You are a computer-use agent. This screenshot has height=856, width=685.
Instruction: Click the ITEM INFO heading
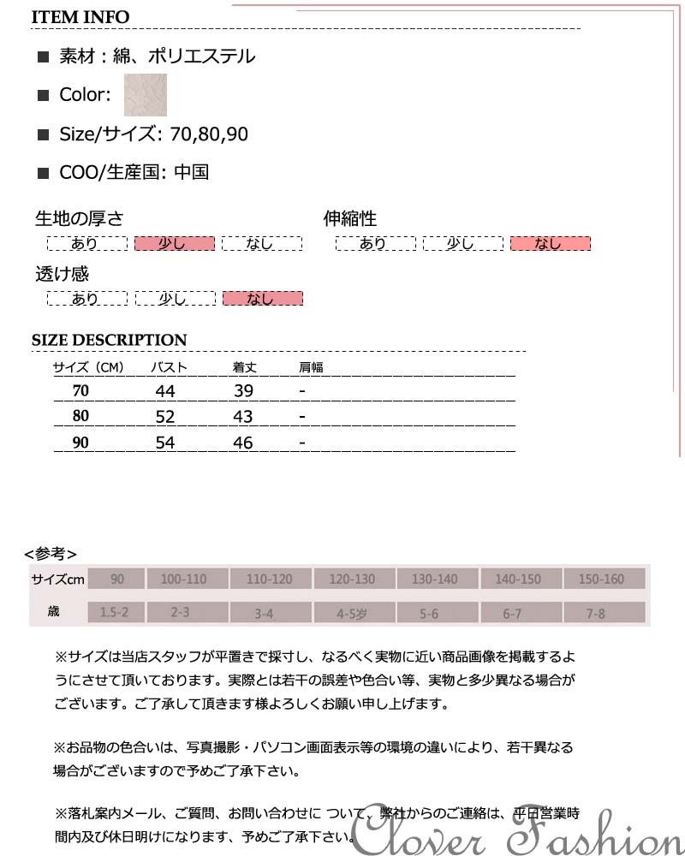click(80, 17)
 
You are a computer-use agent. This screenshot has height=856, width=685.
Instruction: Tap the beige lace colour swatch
click(146, 95)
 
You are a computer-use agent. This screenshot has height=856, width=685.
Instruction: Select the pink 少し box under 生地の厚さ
click(174, 244)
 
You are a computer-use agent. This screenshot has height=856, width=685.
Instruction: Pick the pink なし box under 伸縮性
click(550, 244)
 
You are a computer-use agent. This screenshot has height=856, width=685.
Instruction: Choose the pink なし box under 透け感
click(262, 299)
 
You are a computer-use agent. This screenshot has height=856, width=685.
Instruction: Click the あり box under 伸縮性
click(374, 244)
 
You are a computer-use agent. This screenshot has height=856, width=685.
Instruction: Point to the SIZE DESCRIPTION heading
click(109, 340)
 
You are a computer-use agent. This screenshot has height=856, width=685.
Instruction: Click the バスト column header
click(170, 368)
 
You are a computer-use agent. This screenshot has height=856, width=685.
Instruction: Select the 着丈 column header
click(245, 368)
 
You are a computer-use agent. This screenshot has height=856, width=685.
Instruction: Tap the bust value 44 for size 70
click(165, 391)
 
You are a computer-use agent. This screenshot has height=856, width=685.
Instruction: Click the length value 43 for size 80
click(243, 417)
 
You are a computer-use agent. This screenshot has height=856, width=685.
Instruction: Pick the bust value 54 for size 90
click(165, 443)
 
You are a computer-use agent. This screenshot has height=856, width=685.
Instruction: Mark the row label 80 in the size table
click(81, 417)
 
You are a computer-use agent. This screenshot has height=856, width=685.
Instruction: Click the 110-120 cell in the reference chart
click(269, 580)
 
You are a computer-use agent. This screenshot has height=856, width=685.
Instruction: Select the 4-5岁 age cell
click(352, 613)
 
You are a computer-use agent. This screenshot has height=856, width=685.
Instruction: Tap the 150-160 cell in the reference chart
click(601, 580)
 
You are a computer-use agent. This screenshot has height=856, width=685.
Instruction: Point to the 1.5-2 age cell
click(115, 613)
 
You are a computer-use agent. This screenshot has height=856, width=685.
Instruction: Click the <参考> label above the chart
click(51, 553)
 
